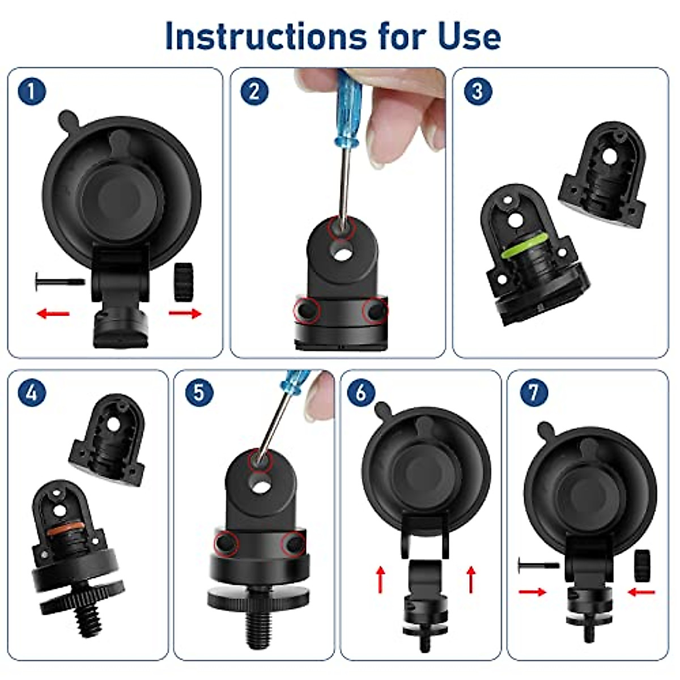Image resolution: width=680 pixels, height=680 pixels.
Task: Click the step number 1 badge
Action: [32, 91]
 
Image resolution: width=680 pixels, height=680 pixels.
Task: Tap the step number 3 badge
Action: [478, 91]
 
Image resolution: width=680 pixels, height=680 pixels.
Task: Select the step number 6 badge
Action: [361, 392]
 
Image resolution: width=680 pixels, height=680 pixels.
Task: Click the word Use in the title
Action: [469, 36]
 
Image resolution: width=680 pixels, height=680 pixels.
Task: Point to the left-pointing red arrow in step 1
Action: [53, 313]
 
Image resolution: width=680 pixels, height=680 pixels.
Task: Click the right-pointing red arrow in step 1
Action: [185, 313]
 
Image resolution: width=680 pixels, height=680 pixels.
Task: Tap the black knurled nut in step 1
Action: [184, 282]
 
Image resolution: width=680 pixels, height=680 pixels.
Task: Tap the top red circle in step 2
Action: [341, 228]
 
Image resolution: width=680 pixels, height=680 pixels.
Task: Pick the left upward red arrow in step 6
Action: [381, 579]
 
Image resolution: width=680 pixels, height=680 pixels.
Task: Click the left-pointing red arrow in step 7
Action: [641, 592]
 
